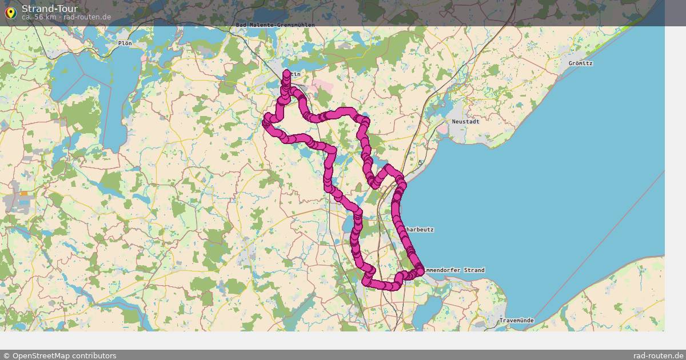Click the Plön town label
point(125,43)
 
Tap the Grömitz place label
point(580,63)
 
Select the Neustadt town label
point(465,121)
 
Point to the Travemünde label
point(516,321)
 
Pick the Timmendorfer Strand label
point(455,270)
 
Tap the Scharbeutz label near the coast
point(418,230)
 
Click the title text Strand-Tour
point(49,9)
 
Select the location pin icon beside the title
point(10,12)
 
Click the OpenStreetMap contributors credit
point(63,355)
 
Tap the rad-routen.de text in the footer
point(658,355)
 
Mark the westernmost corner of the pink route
point(266,122)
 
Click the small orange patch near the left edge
point(23,193)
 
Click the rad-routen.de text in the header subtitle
point(87,17)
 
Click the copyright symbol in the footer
point(6,355)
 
